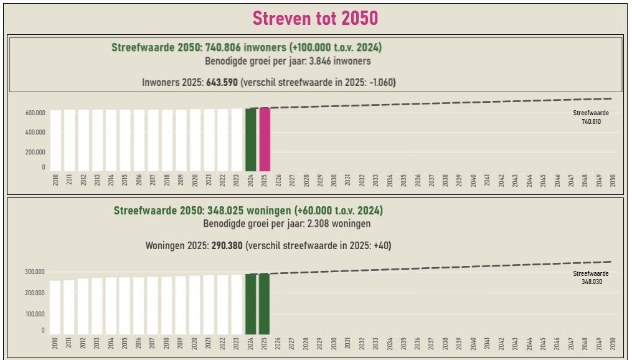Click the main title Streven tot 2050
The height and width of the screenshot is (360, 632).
click(315, 18)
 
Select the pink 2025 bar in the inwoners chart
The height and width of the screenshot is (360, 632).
click(265, 140)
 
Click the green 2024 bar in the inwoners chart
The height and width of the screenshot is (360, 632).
click(251, 140)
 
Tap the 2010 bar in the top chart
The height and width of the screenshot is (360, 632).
click(56, 141)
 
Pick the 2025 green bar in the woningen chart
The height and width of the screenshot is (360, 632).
click(265, 304)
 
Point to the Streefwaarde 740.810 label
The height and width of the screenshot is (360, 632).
click(591, 118)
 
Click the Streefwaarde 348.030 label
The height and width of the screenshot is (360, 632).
click(591, 278)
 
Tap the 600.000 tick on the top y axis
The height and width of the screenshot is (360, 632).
click(35, 113)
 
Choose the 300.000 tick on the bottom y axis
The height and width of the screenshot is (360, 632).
click(35, 272)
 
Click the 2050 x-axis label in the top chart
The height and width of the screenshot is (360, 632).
click(613, 181)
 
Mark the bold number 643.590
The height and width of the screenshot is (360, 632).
click(222, 82)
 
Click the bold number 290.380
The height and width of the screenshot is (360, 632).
click(227, 245)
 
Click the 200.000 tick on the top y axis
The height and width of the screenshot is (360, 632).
click(35, 152)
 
